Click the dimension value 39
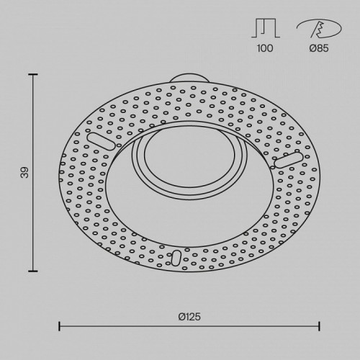click(24, 173)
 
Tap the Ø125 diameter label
click(189, 315)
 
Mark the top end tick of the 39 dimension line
click(33, 72)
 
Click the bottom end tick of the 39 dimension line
click(33, 271)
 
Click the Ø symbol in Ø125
click(180, 315)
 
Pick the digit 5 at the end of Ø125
click(198, 315)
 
